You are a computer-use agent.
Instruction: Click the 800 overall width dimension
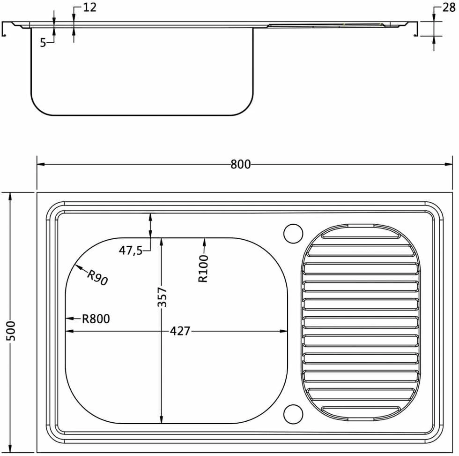(240, 164)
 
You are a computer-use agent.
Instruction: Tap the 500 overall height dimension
(10, 330)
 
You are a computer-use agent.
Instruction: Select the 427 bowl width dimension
(180, 331)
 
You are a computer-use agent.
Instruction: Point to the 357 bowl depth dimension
(162, 297)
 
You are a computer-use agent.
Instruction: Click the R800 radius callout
(96, 319)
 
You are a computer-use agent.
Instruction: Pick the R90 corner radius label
(98, 278)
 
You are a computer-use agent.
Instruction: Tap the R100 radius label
(203, 268)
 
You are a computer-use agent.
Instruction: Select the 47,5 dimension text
(131, 251)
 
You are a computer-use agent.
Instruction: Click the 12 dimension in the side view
(89, 8)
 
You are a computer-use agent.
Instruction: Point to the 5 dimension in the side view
(43, 43)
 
